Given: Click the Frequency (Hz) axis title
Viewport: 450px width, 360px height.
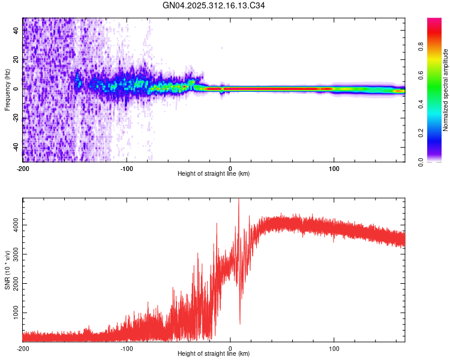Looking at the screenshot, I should pos(7,89).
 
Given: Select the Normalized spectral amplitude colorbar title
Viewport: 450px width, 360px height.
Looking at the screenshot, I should pos(445,90).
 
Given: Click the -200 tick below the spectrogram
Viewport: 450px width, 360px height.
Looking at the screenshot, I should pos(23,167).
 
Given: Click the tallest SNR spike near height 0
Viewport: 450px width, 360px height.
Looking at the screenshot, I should pos(239,200).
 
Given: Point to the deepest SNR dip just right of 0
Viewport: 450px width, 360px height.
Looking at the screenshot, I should pos(240,323).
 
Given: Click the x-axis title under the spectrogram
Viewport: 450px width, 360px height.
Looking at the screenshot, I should pos(214,174).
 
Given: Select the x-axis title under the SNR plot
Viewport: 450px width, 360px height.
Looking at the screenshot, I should pos(214,354).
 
